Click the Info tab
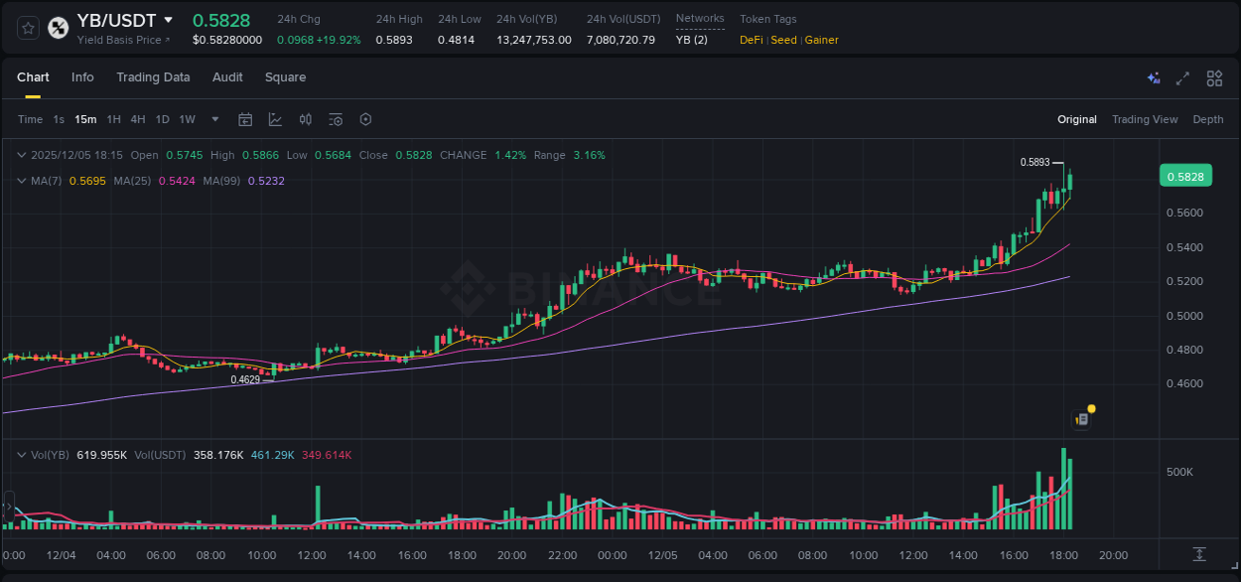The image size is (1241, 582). tap(82, 77)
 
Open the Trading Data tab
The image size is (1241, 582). tap(153, 77)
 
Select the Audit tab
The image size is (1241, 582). tap(227, 77)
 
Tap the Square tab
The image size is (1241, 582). tap(285, 77)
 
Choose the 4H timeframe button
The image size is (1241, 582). tap(138, 119)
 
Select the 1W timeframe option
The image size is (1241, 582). tap(187, 119)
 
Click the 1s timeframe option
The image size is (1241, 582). tap(59, 119)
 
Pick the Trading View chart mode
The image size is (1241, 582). tap(1145, 119)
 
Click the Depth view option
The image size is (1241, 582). tap(1208, 119)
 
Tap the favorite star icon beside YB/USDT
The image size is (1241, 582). tap(29, 28)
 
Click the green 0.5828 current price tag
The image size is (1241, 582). tap(1184, 177)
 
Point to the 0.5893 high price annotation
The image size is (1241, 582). tap(1034, 162)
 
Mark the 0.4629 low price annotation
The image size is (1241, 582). tap(245, 379)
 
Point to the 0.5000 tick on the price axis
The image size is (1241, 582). tap(1184, 316)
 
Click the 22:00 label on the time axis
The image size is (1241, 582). tap(562, 555)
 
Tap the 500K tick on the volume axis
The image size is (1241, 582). tap(1179, 472)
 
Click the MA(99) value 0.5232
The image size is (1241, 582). tap(266, 181)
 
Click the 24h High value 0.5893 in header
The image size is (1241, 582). tap(393, 40)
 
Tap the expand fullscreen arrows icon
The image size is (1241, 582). tap(1182, 78)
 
